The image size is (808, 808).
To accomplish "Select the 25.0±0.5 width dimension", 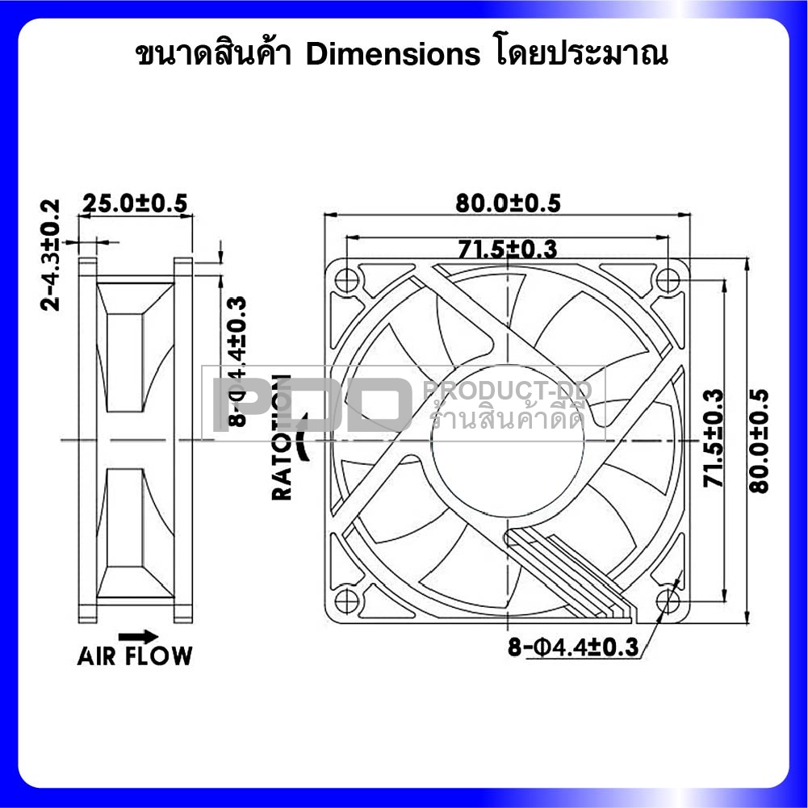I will (136, 203).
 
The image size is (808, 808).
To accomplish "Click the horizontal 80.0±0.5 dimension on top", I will (508, 203).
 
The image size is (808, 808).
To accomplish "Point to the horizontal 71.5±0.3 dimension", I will (507, 249).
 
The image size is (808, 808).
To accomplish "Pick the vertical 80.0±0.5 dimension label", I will (759, 440).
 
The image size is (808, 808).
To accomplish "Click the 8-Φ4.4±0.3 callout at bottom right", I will (573, 647).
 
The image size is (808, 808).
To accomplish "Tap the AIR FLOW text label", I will (135, 655).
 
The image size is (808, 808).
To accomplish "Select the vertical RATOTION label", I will (282, 437).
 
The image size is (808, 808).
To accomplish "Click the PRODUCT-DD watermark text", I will (508, 391).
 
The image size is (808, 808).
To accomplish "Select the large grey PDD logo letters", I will (307, 404).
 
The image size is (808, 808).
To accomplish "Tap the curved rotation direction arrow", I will (304, 436).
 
